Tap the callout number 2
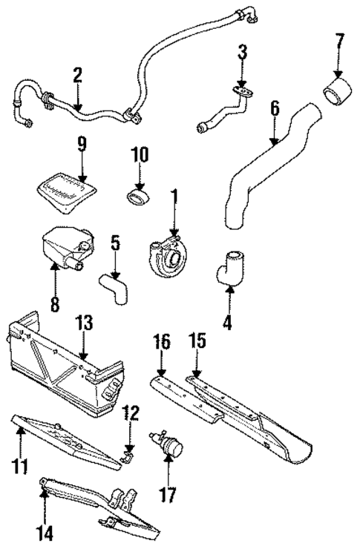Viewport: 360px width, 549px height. [x=77, y=74]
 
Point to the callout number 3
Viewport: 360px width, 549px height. [x=242, y=52]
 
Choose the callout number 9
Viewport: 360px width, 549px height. [x=81, y=142]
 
